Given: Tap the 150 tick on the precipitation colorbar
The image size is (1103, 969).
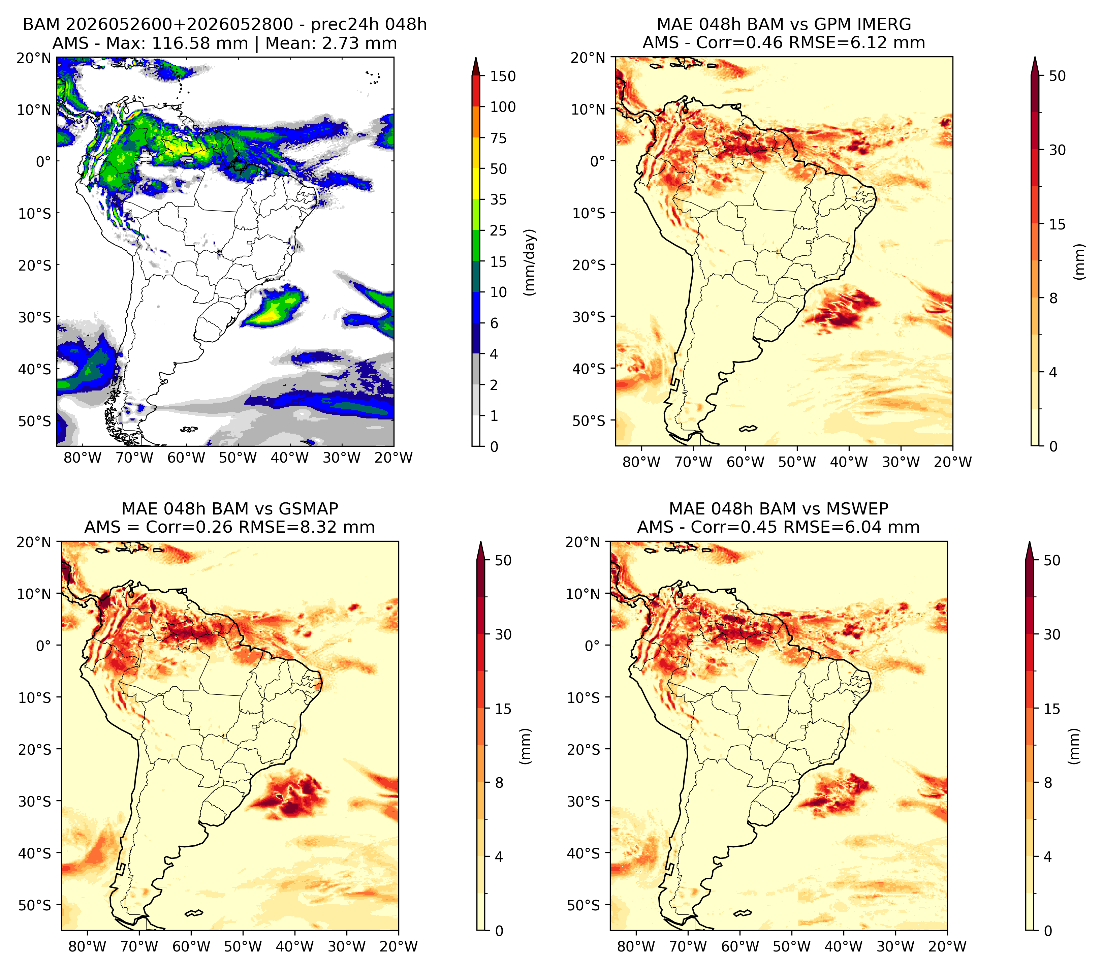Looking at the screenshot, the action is [x=502, y=76].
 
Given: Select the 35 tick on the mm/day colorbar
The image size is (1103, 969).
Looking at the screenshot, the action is [x=498, y=199].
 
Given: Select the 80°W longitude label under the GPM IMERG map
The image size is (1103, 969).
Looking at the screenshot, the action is [x=641, y=462].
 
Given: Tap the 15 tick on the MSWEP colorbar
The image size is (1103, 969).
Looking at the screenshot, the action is [x=1052, y=709].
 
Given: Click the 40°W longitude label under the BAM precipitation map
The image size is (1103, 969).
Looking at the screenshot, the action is [x=290, y=458].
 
